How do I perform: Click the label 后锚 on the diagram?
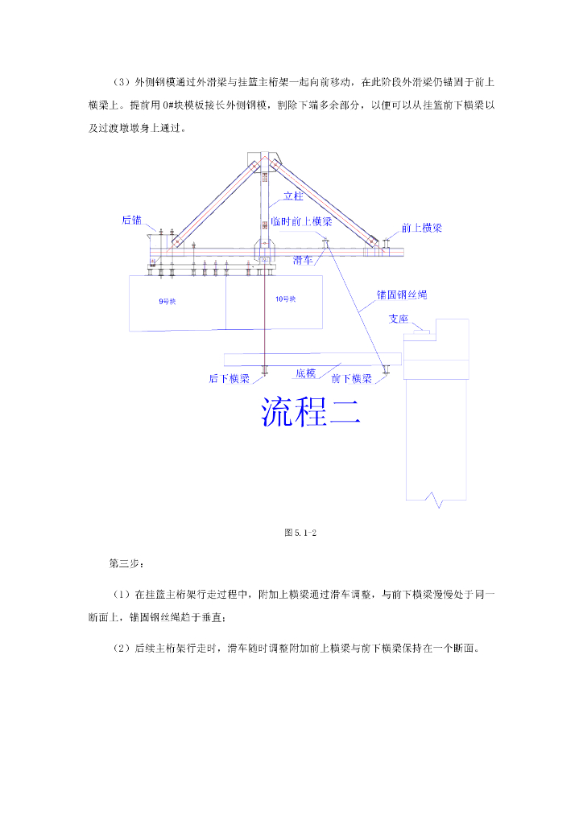pos(131,219)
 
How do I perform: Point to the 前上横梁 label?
pos(422,228)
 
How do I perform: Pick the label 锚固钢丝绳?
pos(402,295)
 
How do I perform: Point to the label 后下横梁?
pos(229,378)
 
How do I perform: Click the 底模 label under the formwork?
pos(305,373)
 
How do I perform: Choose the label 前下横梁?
pos(351,378)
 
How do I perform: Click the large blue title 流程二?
pos(311,411)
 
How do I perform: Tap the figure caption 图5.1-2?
pos(299,532)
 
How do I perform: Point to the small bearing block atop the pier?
pos(422,328)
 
